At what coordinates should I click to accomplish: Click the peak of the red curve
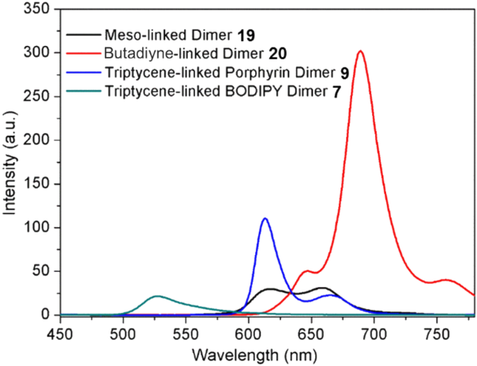coord(360,51)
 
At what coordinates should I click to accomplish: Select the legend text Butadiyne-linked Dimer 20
coord(190,54)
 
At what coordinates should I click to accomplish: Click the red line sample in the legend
coord(83,55)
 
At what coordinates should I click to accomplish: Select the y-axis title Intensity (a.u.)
coord(10,164)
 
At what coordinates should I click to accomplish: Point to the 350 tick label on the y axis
coord(39,9)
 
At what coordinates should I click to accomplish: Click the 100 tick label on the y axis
coord(39,228)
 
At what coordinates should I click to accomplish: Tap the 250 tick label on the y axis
coord(39,96)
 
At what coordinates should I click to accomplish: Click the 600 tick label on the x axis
coord(248,331)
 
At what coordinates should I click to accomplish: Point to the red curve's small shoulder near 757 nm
coord(446,280)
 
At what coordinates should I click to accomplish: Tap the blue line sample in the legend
coord(83,74)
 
